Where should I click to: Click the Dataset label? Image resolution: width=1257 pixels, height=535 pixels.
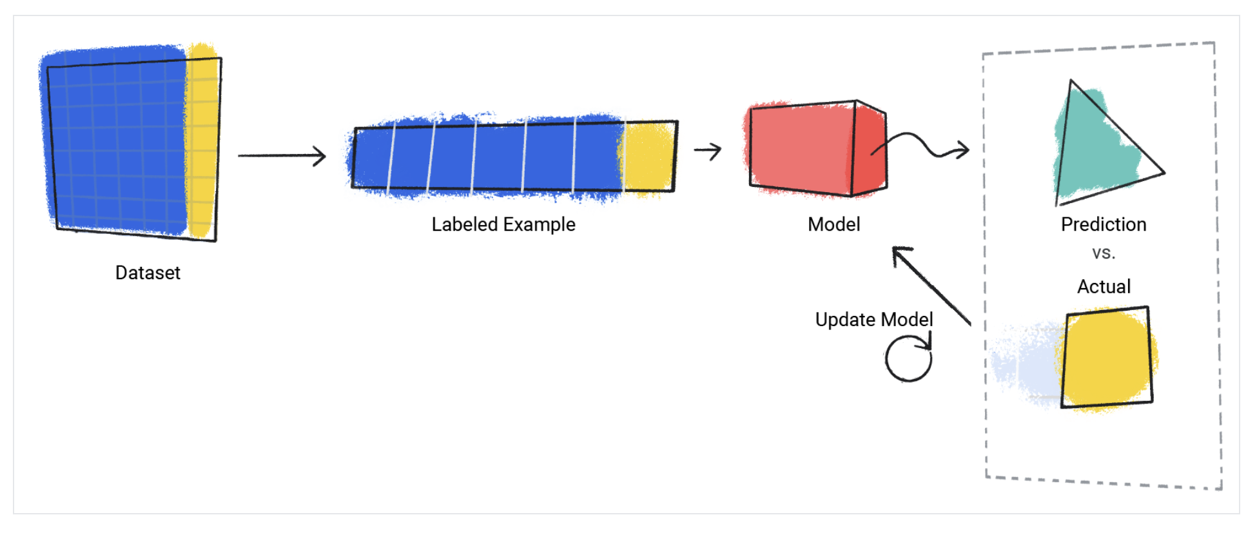pos(148,273)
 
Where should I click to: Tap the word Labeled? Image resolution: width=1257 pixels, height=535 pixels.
pos(464,224)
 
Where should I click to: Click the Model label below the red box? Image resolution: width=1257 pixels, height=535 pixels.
pos(833,224)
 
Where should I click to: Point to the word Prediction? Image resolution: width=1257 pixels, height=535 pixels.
pos(1104,224)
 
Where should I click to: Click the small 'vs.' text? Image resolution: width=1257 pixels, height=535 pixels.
pos(1104,253)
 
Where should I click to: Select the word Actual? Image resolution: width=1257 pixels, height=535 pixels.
pos(1104,286)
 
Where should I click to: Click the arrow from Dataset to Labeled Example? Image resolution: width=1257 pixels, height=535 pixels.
pos(282,155)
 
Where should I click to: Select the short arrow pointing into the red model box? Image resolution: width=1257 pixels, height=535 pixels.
pos(708,151)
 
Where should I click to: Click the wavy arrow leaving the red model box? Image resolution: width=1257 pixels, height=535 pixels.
pos(922,146)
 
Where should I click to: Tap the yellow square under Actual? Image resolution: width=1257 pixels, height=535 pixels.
pos(1106,358)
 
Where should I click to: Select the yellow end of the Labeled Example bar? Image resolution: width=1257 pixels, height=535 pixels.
pos(648,157)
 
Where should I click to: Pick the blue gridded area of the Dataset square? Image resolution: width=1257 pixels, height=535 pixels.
pos(116,142)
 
